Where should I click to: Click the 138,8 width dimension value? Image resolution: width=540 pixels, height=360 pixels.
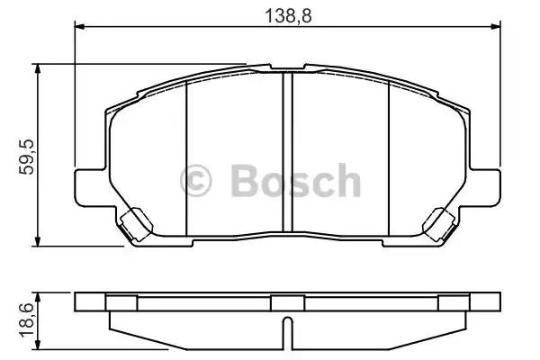(288, 15)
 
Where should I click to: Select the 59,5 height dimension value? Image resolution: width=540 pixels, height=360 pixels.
(26, 157)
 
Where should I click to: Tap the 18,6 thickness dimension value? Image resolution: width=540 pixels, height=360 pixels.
(26, 320)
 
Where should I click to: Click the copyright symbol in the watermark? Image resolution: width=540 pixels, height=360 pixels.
(195, 181)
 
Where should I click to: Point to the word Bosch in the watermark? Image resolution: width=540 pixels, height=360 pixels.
(296, 181)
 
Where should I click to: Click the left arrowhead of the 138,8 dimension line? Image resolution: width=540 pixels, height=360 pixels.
(79, 26)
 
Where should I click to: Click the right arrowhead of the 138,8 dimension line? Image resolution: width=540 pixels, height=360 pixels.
(495, 26)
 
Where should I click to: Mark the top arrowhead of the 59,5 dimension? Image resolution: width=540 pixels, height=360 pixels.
(38, 68)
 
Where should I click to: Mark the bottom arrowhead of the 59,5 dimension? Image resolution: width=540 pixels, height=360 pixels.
(38, 241)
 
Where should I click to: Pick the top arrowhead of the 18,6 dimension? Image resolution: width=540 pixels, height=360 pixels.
(38, 298)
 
